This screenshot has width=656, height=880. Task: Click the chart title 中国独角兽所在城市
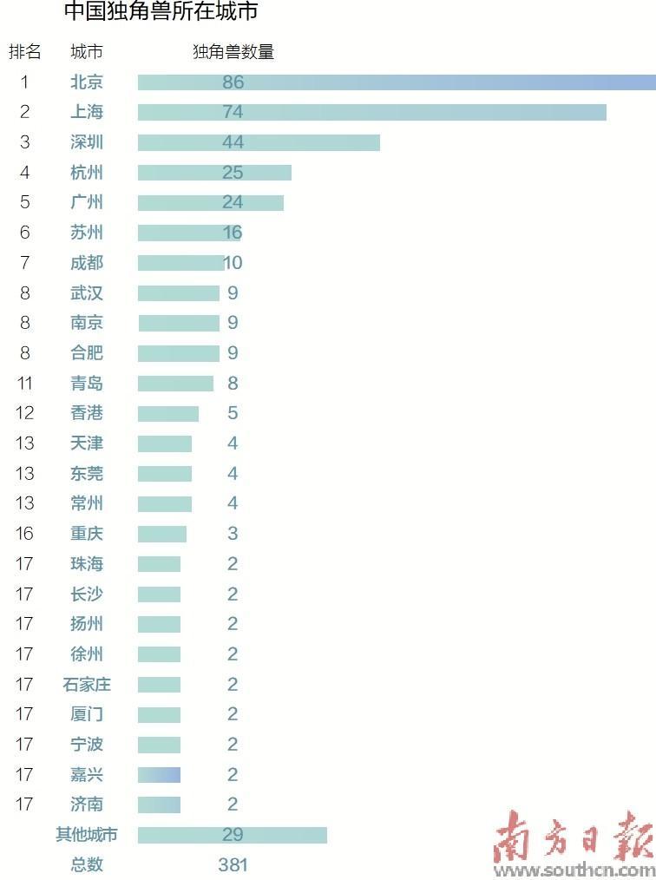[161, 10]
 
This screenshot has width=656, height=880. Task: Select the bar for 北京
[397, 82]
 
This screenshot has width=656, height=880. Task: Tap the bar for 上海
[372, 112]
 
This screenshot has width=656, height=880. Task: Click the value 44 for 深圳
[233, 142]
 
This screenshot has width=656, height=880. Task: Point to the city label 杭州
[87, 173]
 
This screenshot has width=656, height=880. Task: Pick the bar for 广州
[211, 202]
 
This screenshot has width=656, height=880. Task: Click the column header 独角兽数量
[233, 51]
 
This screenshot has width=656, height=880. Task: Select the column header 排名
[24, 51]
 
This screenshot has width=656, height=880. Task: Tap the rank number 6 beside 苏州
[24, 233]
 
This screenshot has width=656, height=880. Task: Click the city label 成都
[87, 263]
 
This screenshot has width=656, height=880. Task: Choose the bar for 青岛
[175, 384]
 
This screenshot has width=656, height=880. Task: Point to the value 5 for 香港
[233, 413]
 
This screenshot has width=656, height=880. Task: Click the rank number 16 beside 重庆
[24, 533]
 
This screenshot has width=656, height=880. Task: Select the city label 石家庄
[87, 684]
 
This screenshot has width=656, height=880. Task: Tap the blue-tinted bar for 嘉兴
[160, 774]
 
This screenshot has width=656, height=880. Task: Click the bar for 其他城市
[233, 835]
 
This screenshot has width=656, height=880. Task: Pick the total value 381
[233, 865]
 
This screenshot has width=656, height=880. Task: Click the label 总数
[87, 865]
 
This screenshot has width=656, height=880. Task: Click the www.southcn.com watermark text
[574, 870]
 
